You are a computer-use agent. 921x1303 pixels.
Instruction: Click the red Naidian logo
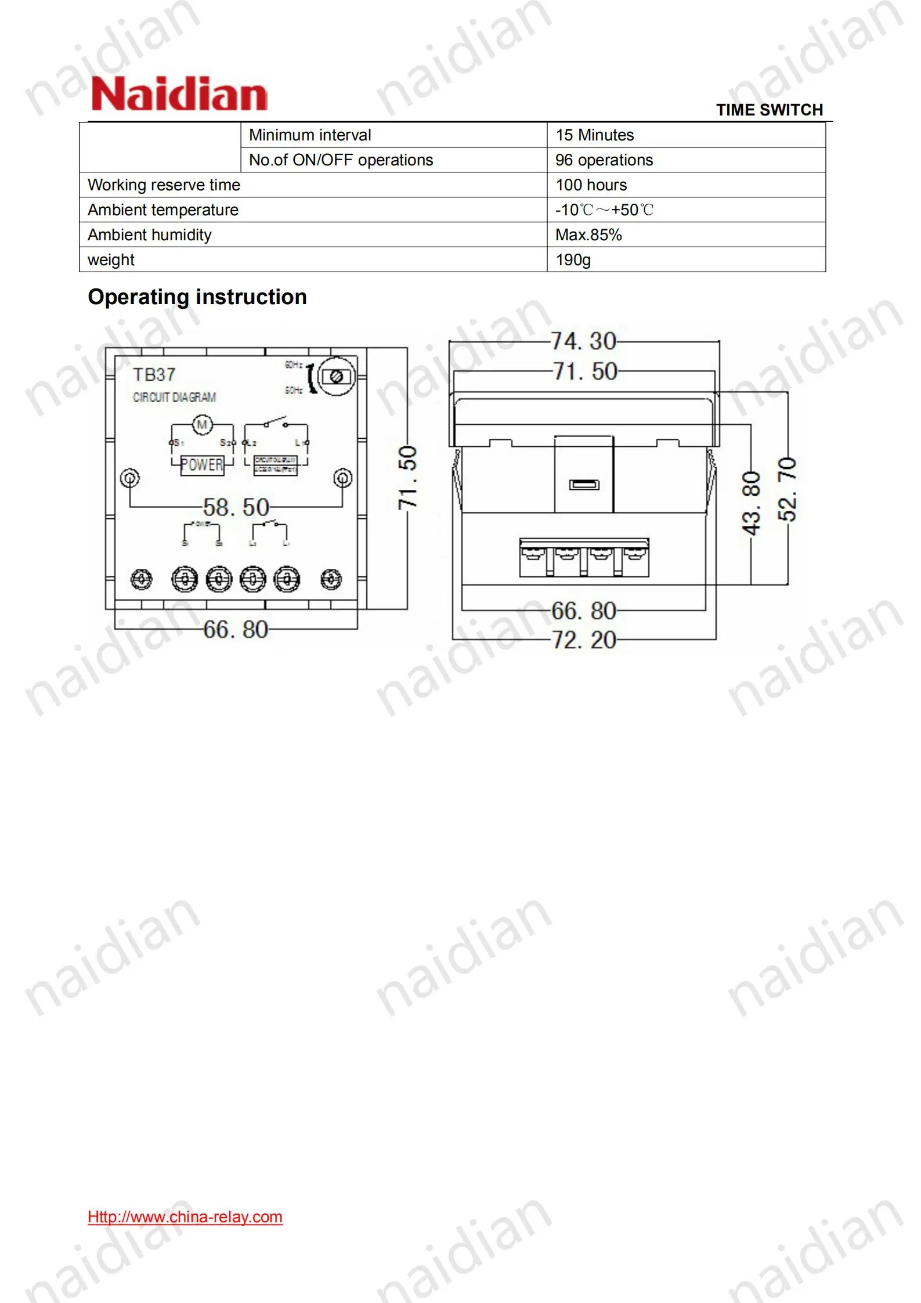coord(179,95)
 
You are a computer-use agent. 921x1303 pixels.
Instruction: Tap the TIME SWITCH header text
coord(769,110)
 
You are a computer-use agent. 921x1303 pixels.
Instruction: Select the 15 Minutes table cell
coord(594,135)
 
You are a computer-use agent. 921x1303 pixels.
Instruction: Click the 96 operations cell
coord(604,160)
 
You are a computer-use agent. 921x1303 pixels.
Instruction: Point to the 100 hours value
coord(591,185)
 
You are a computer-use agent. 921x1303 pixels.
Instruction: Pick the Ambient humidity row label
coord(150,235)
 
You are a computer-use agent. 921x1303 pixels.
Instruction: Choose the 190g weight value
coord(573,260)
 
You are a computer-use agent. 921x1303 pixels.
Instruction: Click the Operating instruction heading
coord(197,297)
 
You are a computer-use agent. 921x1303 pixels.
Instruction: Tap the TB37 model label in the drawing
coord(154,375)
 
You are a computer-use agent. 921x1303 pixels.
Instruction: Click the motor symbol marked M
coord(202,425)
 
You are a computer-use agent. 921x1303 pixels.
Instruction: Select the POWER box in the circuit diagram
coord(202,465)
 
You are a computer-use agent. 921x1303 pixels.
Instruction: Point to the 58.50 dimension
coord(236,507)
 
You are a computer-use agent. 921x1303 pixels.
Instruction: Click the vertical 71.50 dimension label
coord(407,478)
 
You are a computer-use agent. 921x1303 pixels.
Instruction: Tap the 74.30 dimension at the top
coord(583,341)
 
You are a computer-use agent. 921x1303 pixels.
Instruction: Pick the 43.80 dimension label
coord(751,503)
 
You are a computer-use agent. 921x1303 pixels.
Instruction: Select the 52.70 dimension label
coord(788,489)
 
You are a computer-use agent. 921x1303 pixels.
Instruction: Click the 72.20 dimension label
coord(583,640)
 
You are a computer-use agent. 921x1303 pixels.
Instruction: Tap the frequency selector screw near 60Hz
coord(336,377)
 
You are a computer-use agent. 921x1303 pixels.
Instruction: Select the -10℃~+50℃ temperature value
coord(604,210)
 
